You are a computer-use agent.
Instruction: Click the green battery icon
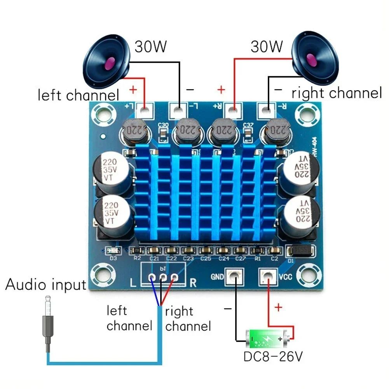268,339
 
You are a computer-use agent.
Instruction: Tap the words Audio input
45,284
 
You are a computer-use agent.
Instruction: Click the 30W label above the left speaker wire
151,47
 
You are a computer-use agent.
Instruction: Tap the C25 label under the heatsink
206,258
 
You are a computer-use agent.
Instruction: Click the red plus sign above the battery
278,308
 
